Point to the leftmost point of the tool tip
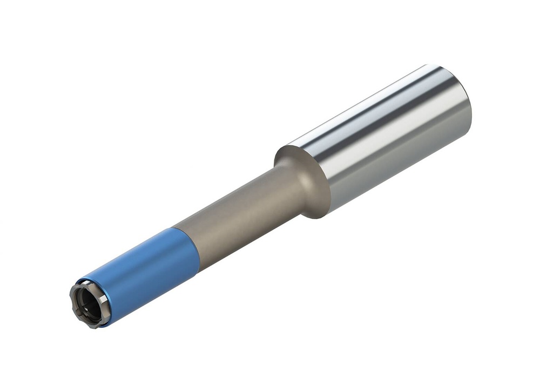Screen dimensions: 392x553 point(70,300)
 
